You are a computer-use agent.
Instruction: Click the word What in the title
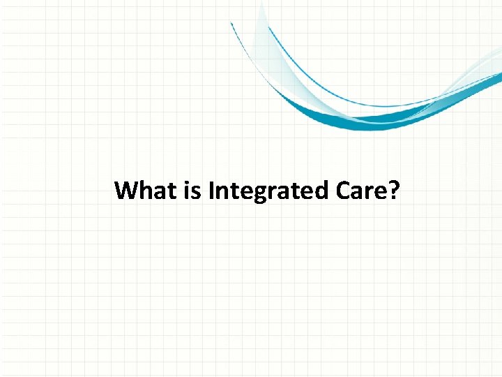pos(146,190)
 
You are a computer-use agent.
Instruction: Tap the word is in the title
pos(192,190)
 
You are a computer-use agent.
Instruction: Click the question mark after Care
pos(394,190)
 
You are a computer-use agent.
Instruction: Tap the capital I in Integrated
pos(211,190)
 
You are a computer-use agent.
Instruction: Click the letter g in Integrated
pos(257,193)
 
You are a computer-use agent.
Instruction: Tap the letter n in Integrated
pos(222,192)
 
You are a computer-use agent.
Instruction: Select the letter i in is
pos(188,190)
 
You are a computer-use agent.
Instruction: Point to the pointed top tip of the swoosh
pos(261,3)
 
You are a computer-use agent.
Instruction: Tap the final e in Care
pos(379,192)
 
